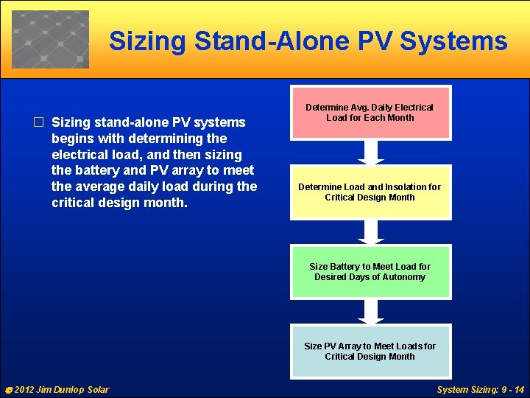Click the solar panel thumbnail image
point(50,39)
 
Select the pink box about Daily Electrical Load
point(370,112)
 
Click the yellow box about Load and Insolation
point(370,192)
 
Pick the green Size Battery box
point(370,271)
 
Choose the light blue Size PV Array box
point(370,351)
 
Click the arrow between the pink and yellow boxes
point(371,152)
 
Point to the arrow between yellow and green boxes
point(371,231)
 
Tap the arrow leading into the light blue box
point(371,311)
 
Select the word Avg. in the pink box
point(368,108)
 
